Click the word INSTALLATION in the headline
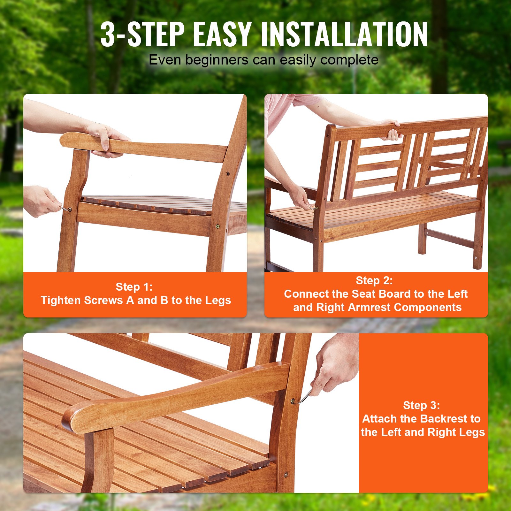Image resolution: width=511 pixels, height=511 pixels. point(344,34)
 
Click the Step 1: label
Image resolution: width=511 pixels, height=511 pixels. point(134,287)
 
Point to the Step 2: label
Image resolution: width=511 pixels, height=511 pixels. point(374,280)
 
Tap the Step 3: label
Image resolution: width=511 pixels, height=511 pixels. point(421,405)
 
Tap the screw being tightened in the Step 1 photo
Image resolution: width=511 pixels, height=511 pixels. point(70,210)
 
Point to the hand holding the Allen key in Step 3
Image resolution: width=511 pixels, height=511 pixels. point(335,367)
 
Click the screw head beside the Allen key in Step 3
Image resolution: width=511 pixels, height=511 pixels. point(293,401)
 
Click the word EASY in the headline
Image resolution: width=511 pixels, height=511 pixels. point(222,34)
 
